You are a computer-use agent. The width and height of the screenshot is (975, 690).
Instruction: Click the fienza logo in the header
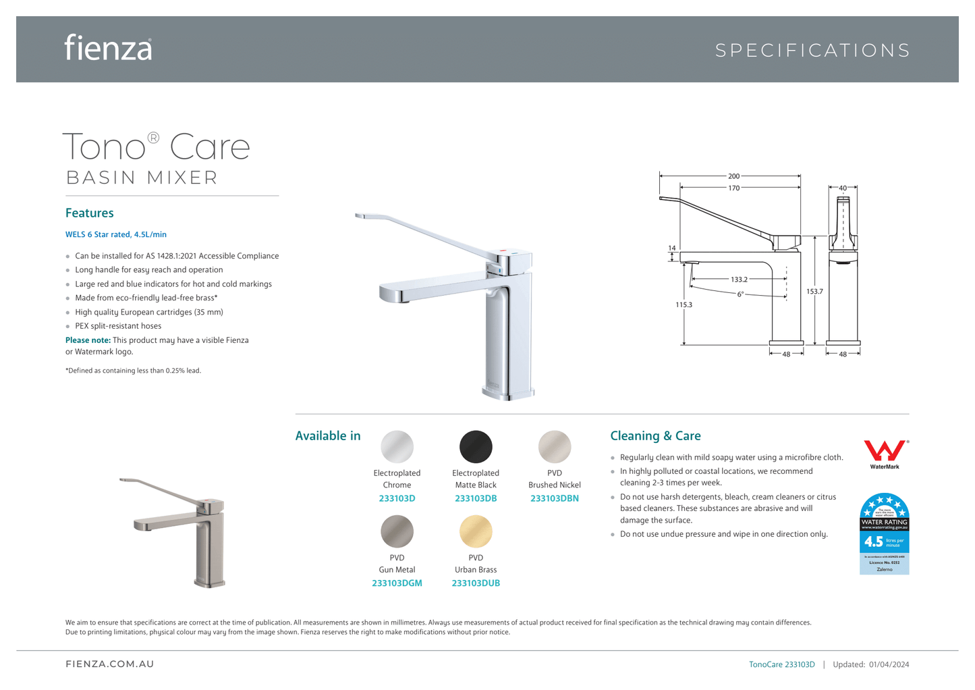[x=108, y=48]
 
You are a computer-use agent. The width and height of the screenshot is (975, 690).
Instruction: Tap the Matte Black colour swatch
[x=476, y=447]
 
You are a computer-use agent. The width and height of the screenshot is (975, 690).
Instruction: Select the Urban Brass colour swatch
[x=476, y=531]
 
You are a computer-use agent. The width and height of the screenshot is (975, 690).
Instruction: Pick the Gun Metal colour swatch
[x=397, y=531]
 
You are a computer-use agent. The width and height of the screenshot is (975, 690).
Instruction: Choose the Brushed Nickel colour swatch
[x=555, y=447]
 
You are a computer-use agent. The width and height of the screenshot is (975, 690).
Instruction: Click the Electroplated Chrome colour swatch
[x=397, y=447]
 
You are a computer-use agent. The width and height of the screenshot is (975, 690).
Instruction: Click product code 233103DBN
[x=555, y=499]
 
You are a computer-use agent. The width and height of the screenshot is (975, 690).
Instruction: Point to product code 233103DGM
[x=397, y=583]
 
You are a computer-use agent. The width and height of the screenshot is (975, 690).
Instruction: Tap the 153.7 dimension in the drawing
[x=814, y=292]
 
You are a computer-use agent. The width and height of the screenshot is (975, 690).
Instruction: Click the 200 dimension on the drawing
[x=733, y=176]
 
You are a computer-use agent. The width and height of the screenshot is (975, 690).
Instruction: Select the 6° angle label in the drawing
[x=740, y=294]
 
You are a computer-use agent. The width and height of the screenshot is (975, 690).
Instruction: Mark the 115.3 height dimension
[x=684, y=305]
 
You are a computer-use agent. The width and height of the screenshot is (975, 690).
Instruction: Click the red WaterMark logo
[x=885, y=451]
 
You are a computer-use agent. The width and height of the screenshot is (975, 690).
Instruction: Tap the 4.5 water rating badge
[x=884, y=534]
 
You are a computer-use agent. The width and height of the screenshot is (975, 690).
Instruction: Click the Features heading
[x=90, y=213]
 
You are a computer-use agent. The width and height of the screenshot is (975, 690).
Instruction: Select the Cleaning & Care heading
[x=655, y=436]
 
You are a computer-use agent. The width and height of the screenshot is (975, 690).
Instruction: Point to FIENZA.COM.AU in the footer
[x=109, y=664]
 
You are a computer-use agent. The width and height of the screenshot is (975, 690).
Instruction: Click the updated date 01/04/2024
[x=889, y=665]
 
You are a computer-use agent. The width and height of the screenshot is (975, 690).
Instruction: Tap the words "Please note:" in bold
[x=88, y=340]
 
